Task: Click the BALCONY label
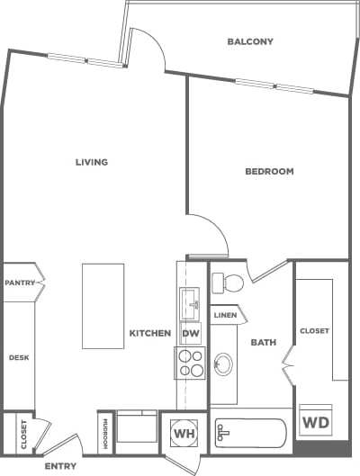[x=250, y=41]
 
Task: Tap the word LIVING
[x=92, y=163]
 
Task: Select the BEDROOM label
[x=269, y=171]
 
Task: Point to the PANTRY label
[x=19, y=283]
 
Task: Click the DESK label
[x=19, y=357]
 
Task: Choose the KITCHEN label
[x=149, y=333]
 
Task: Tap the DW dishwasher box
[x=191, y=333]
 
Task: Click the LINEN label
[x=225, y=315]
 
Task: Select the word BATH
[x=263, y=342]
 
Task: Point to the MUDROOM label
[x=105, y=433]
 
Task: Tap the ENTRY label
[x=61, y=466]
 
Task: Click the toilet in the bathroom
[x=229, y=283]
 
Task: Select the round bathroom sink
[x=222, y=364]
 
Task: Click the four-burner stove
[x=191, y=362]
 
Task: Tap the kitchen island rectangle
[x=103, y=306]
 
